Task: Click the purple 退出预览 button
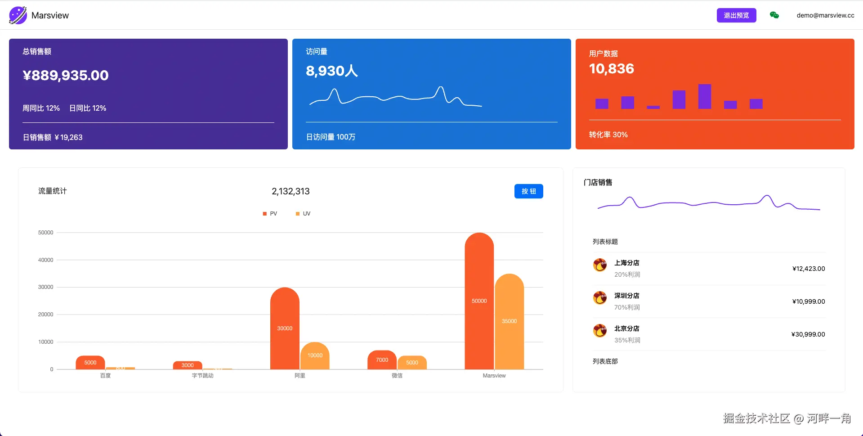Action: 736,15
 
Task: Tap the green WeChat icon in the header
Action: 774,15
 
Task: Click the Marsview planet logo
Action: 18,15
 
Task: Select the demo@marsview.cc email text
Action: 825,15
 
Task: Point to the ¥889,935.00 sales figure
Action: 66,75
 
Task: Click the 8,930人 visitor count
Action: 331,71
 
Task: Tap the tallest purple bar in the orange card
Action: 704,96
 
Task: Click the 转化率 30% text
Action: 608,135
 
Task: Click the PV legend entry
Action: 270,214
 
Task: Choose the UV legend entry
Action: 304,214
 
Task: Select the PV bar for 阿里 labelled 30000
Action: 285,328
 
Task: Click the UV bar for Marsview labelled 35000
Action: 509,321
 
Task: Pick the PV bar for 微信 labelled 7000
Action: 382,360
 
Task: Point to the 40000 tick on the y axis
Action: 45,260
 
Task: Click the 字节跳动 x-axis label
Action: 202,376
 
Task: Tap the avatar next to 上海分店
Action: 600,265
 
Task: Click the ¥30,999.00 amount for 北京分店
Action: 808,334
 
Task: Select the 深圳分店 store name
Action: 626,296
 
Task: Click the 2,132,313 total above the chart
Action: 291,191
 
